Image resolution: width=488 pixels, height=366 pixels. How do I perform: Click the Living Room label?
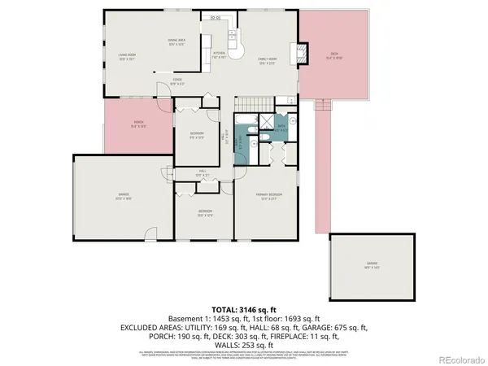pos(127,57)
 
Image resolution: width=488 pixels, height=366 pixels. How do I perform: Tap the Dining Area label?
pos(176,42)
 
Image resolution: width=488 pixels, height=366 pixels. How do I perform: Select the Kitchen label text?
pos(219,55)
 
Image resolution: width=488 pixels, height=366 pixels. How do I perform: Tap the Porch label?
pos(137,124)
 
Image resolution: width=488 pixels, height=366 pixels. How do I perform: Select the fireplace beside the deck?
pos(304,54)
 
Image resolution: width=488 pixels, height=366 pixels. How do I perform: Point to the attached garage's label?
pos(122,195)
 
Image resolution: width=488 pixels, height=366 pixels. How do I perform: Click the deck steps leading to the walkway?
pos(325,104)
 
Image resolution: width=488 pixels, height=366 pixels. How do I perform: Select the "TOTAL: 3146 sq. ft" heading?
pos(244,309)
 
